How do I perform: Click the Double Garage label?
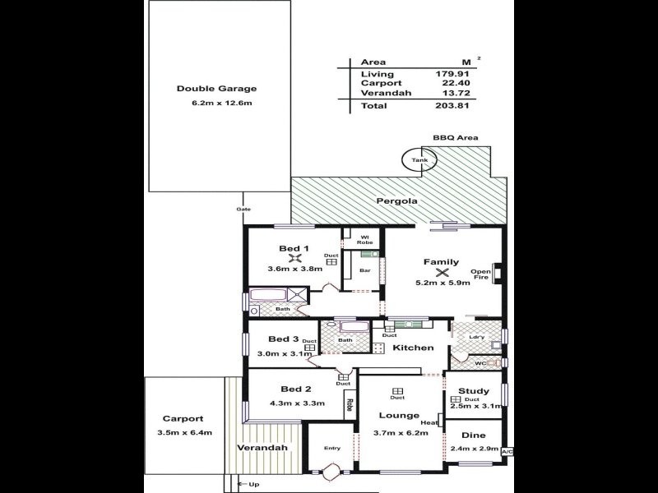(x=217, y=89)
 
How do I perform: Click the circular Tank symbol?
(x=420, y=160)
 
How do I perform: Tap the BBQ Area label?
(x=456, y=138)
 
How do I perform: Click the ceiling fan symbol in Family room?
(x=442, y=272)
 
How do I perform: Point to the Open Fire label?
(x=480, y=274)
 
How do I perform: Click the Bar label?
(x=364, y=270)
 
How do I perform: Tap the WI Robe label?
(x=363, y=240)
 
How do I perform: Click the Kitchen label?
(x=412, y=348)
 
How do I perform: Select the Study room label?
(x=474, y=391)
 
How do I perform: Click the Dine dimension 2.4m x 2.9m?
(x=475, y=448)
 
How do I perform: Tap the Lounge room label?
(x=399, y=416)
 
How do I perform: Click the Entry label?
(x=331, y=448)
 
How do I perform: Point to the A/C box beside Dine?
(x=507, y=451)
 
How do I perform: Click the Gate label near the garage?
(x=243, y=210)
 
